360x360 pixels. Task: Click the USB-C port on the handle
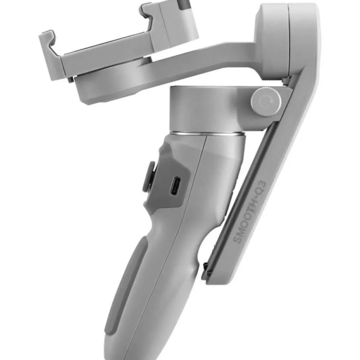click(176, 186)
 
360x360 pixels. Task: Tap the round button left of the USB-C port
click(149, 176)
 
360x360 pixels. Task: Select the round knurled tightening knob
click(266, 101)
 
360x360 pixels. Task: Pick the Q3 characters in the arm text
click(262, 187)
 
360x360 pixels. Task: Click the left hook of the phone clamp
click(50, 55)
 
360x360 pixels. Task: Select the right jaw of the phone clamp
click(170, 23)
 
